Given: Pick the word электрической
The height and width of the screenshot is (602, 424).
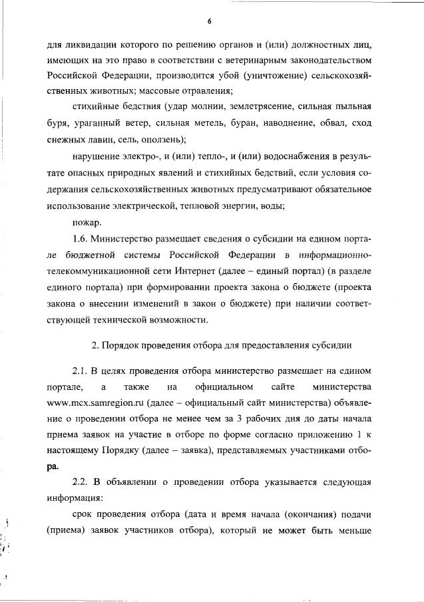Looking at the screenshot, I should [159, 207].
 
